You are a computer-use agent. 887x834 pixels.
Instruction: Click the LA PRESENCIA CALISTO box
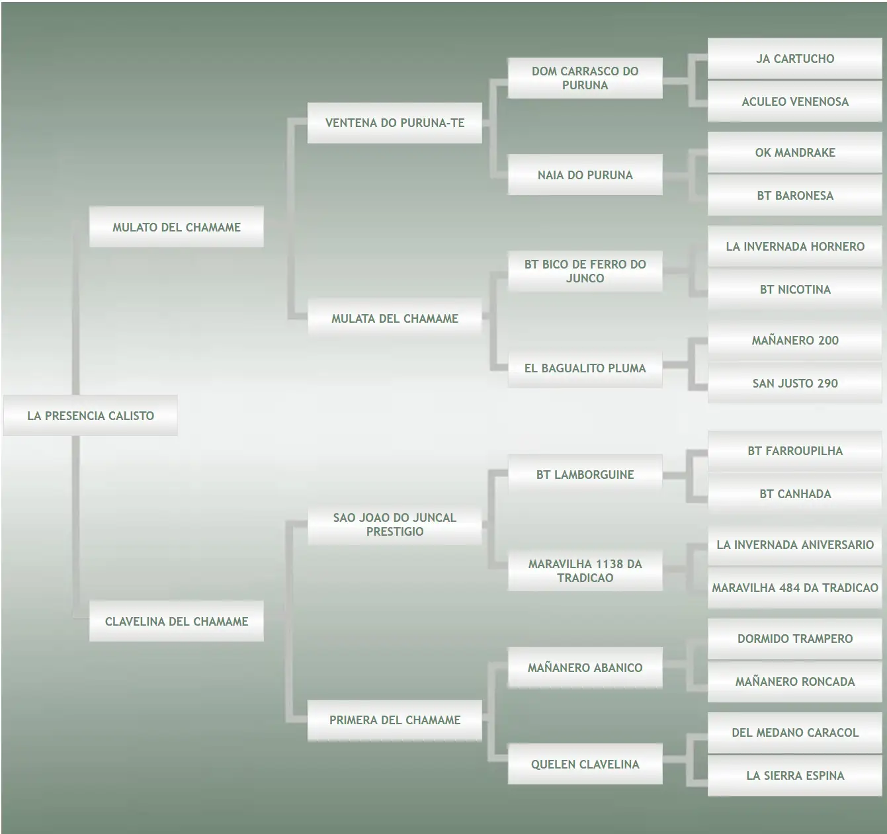tap(90, 415)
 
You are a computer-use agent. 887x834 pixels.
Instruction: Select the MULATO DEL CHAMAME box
tap(177, 226)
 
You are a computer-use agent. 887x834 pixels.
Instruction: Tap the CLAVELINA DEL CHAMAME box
tap(177, 621)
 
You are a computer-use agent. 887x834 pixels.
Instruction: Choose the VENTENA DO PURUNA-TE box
tap(395, 123)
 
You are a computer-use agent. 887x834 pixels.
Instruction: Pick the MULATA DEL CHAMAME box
tap(395, 318)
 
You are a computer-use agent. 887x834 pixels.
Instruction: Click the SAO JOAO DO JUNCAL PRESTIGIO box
tap(395, 524)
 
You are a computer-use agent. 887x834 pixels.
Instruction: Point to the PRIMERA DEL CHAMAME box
tap(395, 720)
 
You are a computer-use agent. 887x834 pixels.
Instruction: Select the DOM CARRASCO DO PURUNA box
tap(585, 78)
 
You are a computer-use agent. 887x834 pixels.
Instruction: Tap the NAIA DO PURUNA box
tap(585, 175)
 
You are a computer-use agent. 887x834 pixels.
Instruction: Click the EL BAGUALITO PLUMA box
tap(585, 368)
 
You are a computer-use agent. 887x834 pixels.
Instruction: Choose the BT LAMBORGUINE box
tap(585, 474)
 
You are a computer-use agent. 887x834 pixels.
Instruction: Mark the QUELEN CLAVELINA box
tap(585, 764)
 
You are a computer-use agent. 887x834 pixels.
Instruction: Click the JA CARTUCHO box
tap(795, 58)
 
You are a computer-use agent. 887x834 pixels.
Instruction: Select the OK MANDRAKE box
tap(795, 152)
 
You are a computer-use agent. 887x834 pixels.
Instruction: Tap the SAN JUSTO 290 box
tap(795, 383)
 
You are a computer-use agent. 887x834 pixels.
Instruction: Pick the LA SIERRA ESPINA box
tap(795, 775)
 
